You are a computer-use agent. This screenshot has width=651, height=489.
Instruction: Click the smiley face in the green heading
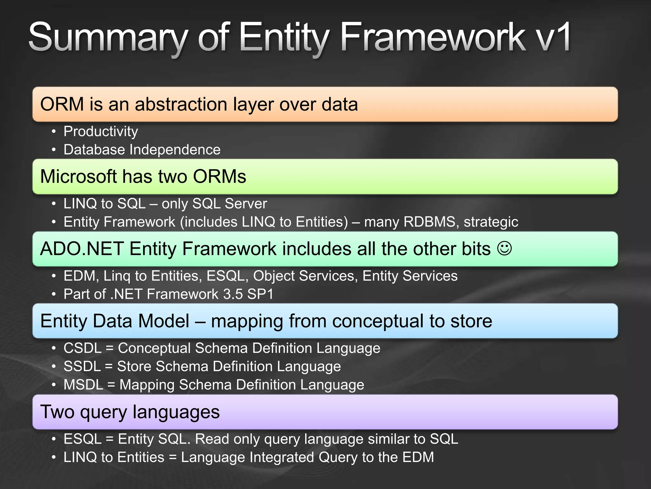tap(504, 248)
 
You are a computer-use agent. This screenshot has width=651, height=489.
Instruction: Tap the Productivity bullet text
tap(101, 131)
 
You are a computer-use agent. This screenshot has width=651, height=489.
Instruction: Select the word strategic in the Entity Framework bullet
tap(491, 222)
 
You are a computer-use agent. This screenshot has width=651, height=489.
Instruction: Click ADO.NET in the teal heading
tap(82, 249)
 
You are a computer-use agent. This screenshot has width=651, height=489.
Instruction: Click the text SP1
tap(260, 294)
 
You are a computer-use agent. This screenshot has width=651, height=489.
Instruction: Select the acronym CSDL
tap(82, 348)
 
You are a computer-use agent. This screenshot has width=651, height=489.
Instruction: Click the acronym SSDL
tap(82, 366)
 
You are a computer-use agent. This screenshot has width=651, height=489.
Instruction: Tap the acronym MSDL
tap(83, 385)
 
